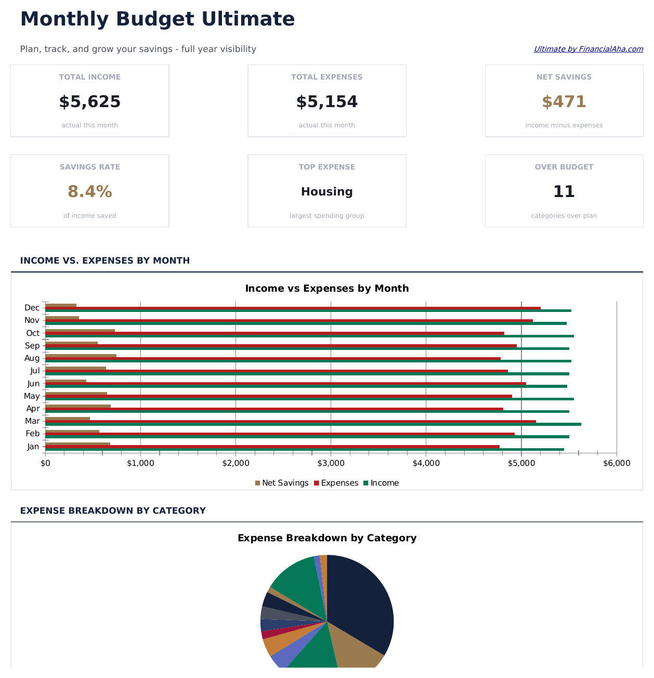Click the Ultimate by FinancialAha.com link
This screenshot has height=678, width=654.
588,49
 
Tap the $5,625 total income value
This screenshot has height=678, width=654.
89,102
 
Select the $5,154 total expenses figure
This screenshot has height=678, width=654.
326,102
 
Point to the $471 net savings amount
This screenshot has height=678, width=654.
564,102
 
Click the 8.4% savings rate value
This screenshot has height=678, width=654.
89,192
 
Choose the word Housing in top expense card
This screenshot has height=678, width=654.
326,192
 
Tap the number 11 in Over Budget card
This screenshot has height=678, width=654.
564,192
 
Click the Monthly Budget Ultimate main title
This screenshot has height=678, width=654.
157,19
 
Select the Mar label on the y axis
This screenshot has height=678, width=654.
32,421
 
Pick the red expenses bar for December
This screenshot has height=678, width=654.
312,308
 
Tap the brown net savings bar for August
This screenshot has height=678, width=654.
81,355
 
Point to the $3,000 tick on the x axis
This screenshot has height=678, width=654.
331,463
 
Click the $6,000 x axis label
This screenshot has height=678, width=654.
616,463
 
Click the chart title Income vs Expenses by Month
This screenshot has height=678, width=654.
326,288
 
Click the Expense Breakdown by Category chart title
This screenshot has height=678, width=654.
326,538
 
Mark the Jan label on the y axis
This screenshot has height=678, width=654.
33,447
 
